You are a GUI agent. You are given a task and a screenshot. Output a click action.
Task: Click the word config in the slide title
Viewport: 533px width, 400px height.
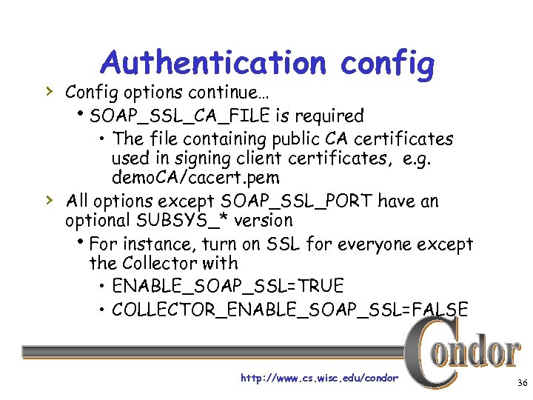click(387, 64)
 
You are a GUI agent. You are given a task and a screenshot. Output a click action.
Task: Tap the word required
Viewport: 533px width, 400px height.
click(329, 116)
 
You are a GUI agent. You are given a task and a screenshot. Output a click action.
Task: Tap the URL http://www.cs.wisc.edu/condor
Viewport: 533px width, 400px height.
click(319, 378)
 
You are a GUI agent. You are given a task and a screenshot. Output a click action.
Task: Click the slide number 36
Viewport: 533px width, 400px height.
click(521, 382)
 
